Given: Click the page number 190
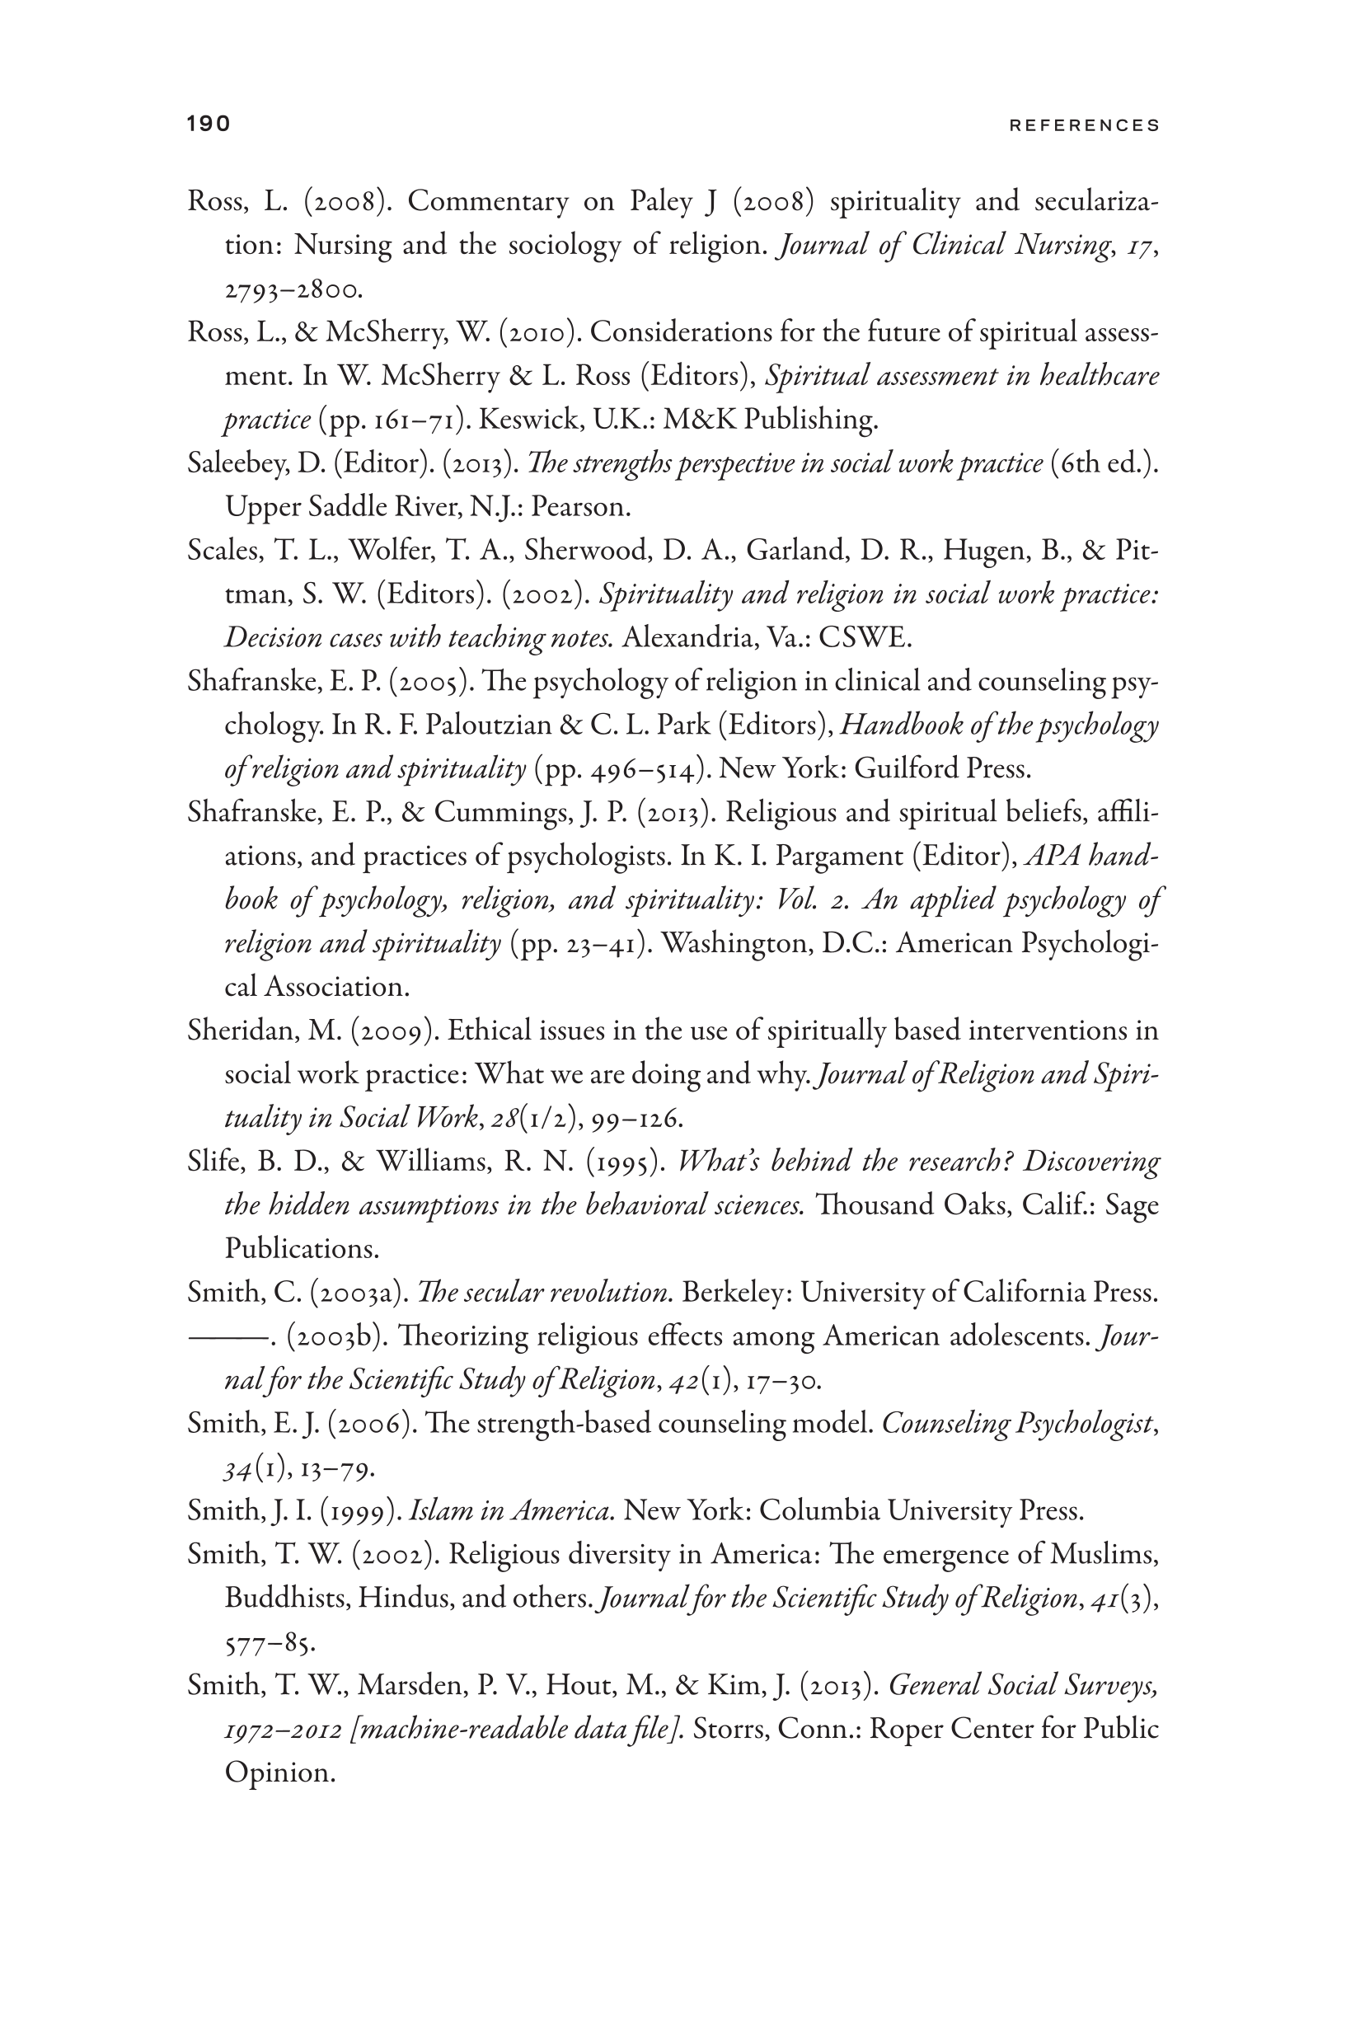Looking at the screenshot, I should click(x=209, y=124).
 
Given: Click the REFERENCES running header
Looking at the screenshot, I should click(x=1084, y=125).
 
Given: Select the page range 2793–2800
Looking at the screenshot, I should click(x=293, y=290).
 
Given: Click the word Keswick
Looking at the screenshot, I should click(x=518, y=420).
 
